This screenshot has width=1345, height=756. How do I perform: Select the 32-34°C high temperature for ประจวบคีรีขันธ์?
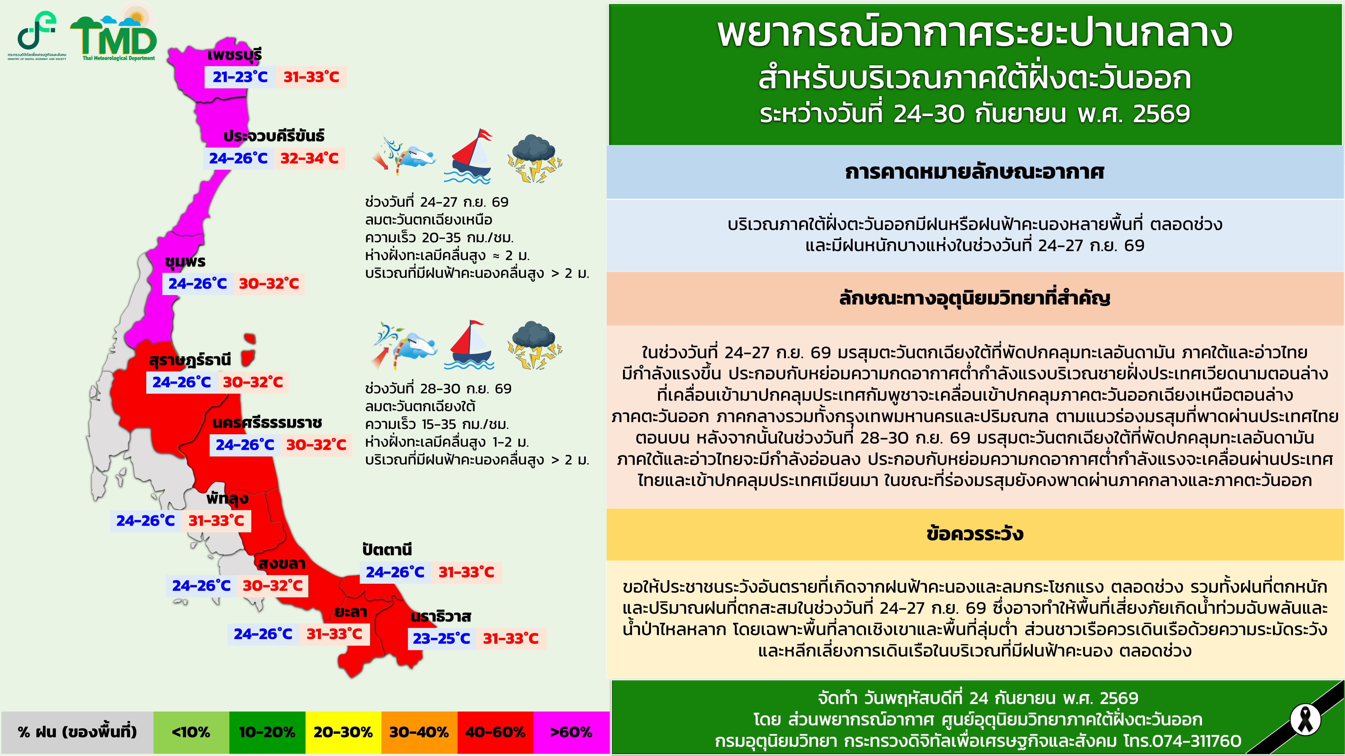tap(310, 158)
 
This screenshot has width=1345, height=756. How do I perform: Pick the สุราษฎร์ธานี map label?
tap(190, 360)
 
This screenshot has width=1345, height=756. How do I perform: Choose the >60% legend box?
tap(571, 732)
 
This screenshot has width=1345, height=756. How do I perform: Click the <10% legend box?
tap(191, 732)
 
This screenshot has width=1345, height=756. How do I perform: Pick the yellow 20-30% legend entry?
tap(343, 732)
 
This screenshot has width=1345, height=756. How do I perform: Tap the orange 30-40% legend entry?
tap(419, 732)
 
